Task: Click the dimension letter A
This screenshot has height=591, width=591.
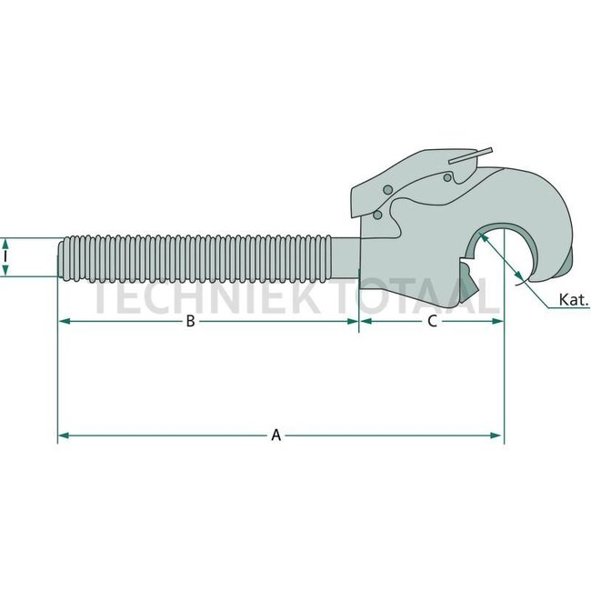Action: [x=276, y=436]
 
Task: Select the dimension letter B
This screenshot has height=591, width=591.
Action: [x=190, y=321]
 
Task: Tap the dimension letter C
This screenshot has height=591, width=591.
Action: [x=433, y=321]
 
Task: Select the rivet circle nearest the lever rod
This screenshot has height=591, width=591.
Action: [x=447, y=178]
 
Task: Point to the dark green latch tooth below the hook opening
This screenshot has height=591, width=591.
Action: [x=465, y=273]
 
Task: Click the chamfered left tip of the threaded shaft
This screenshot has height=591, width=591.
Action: [x=63, y=258]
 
